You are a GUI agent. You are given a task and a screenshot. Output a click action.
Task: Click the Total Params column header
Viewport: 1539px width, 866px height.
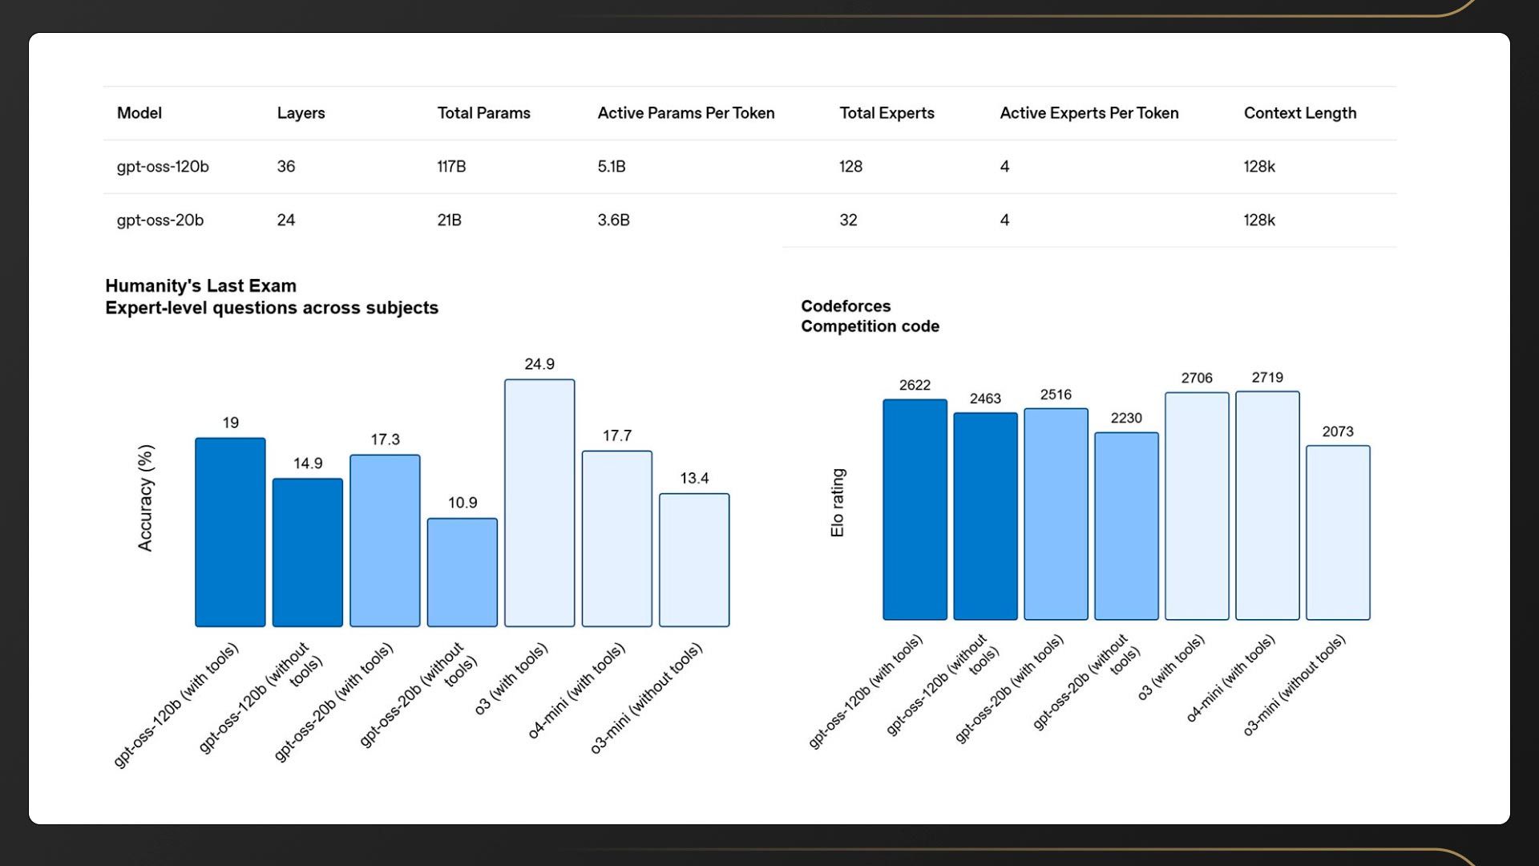click(x=483, y=113)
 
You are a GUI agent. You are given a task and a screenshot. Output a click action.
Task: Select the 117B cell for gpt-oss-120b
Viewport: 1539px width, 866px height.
click(x=451, y=167)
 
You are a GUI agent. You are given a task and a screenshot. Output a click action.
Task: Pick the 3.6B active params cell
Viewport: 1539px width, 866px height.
click(x=613, y=221)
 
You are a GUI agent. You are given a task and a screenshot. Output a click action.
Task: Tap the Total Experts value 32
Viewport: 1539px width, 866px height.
click(x=848, y=221)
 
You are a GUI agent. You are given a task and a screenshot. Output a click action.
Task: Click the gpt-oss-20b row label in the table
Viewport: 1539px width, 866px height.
click(x=160, y=221)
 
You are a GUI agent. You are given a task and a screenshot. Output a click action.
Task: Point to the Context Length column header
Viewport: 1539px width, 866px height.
click(x=1299, y=113)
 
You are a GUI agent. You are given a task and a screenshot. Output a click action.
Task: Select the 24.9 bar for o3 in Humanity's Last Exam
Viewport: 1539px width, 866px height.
click(x=539, y=503)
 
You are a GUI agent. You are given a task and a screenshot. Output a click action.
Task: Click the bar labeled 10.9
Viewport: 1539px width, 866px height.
click(x=462, y=572)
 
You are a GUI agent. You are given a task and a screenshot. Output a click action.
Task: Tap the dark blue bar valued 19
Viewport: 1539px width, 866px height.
click(x=230, y=532)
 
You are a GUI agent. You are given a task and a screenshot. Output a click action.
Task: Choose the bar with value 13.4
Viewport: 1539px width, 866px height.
click(x=694, y=560)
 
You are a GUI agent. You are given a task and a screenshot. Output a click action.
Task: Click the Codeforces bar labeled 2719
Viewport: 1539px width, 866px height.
click(x=1267, y=505)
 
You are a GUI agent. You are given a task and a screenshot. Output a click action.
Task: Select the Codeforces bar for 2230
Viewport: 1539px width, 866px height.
click(x=1126, y=526)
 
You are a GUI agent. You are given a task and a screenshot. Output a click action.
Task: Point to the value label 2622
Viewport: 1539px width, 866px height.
click(x=915, y=386)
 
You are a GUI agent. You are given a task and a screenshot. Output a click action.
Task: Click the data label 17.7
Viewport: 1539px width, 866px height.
click(x=617, y=436)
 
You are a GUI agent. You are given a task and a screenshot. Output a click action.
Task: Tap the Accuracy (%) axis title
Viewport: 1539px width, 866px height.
click(x=145, y=498)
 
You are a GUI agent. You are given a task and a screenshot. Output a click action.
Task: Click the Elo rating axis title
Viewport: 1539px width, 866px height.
click(x=838, y=503)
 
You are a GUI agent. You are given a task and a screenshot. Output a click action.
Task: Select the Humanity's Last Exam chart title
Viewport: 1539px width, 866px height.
click(x=272, y=297)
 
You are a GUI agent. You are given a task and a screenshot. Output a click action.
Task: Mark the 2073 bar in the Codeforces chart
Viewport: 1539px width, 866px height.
click(x=1338, y=532)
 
